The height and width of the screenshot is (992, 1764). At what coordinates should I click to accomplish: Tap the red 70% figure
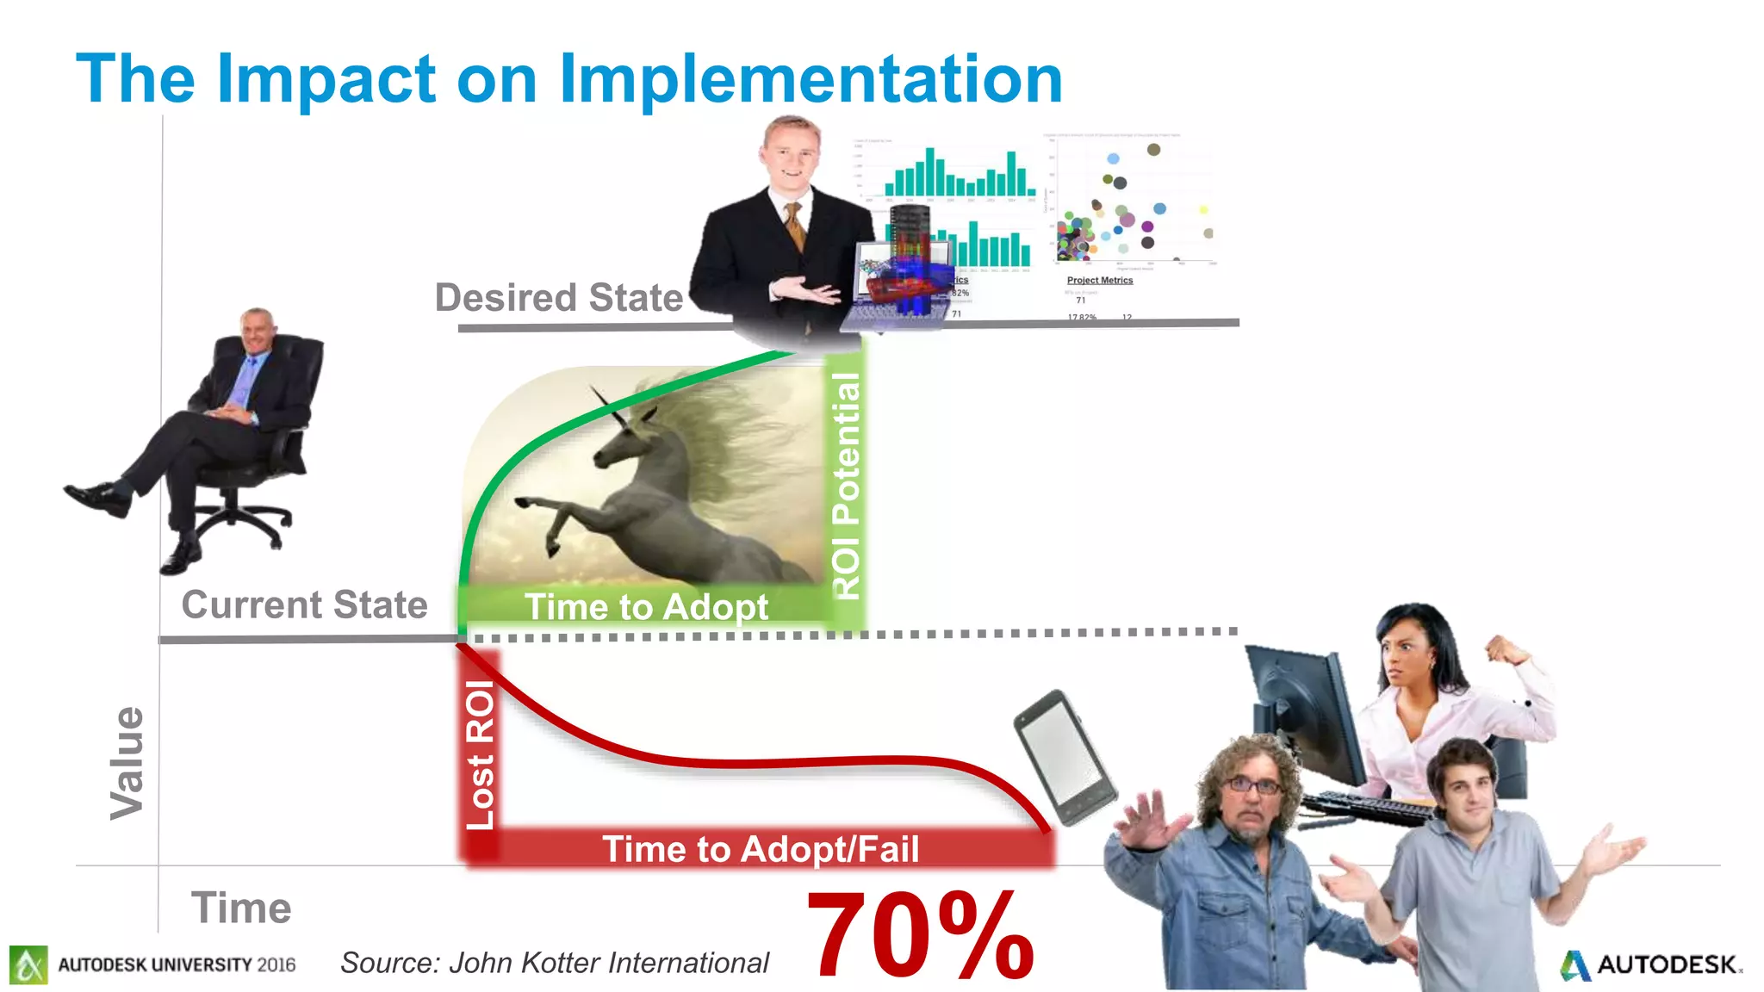pos(919,936)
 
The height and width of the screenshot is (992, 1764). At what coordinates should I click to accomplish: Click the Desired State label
pos(558,298)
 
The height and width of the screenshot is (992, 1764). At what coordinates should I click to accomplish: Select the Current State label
pos(304,604)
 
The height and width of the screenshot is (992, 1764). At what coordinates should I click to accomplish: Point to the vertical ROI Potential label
pos(846,486)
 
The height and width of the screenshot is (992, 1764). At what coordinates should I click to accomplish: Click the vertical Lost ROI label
pos(480,754)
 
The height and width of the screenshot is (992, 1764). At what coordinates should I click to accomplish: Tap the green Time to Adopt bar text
pos(646,607)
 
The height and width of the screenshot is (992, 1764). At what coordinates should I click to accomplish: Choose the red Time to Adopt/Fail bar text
pos(760,849)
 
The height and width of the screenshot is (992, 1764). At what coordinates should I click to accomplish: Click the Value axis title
pos(127,763)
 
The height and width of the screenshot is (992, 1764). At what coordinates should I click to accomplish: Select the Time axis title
pos(241,908)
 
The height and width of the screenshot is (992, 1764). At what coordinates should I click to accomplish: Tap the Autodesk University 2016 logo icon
pos(28,964)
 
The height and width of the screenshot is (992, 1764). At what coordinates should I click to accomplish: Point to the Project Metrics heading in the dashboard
pos(1099,280)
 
